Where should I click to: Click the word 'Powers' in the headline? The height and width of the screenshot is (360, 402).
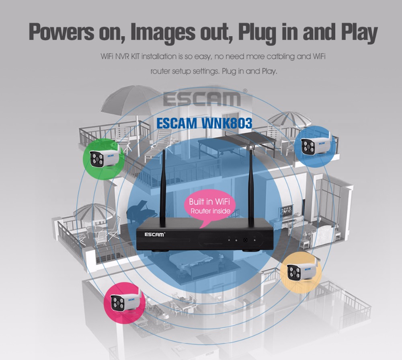61,32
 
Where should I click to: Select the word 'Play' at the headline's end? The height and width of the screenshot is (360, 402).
359,33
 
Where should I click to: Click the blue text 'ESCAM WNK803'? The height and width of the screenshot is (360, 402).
204,123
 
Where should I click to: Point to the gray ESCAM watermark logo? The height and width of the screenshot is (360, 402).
202,99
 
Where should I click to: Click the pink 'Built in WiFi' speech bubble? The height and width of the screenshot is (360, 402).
209,206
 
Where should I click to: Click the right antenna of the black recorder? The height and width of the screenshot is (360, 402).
251,189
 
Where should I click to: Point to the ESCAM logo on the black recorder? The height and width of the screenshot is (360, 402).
155,235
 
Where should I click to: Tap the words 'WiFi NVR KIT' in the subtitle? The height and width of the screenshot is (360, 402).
120,56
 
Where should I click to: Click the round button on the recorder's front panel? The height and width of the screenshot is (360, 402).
245,240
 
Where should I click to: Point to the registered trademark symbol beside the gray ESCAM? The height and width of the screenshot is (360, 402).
245,91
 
